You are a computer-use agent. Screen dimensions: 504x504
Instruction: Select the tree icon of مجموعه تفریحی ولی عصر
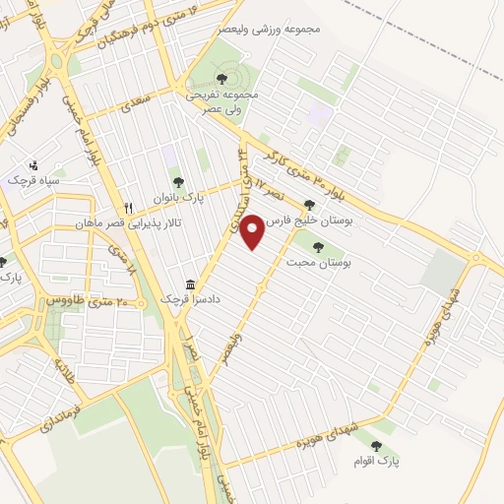coord(220,78)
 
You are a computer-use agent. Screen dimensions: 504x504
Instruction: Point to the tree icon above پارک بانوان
coord(178,181)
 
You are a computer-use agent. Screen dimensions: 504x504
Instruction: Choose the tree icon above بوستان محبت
coord(317,247)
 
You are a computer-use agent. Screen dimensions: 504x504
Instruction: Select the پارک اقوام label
coord(377,460)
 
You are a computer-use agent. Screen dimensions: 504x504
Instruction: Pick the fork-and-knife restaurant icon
coord(129,208)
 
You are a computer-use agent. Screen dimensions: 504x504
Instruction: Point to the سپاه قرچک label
coord(33,181)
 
